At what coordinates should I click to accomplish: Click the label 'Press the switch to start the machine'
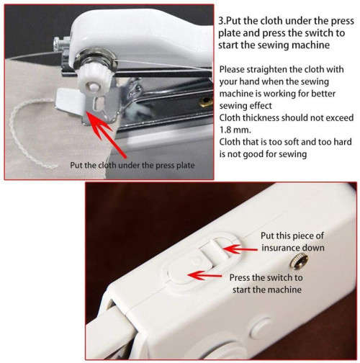(265, 283)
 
